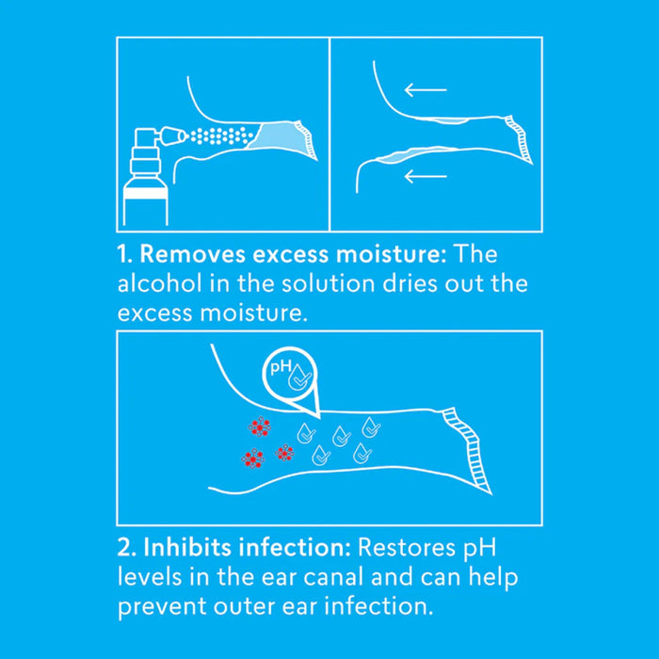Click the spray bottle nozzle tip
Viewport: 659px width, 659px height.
183,136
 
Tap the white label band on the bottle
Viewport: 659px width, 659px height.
145,192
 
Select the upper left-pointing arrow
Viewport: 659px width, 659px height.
426,89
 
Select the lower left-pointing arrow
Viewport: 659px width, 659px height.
426,176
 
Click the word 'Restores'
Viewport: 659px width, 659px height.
406,548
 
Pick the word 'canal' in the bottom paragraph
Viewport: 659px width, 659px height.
333,577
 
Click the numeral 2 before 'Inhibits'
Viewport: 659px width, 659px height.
126,548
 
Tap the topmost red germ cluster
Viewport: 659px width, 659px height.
259,427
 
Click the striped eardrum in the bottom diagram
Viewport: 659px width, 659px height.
467,451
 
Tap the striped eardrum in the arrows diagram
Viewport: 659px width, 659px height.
519,138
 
